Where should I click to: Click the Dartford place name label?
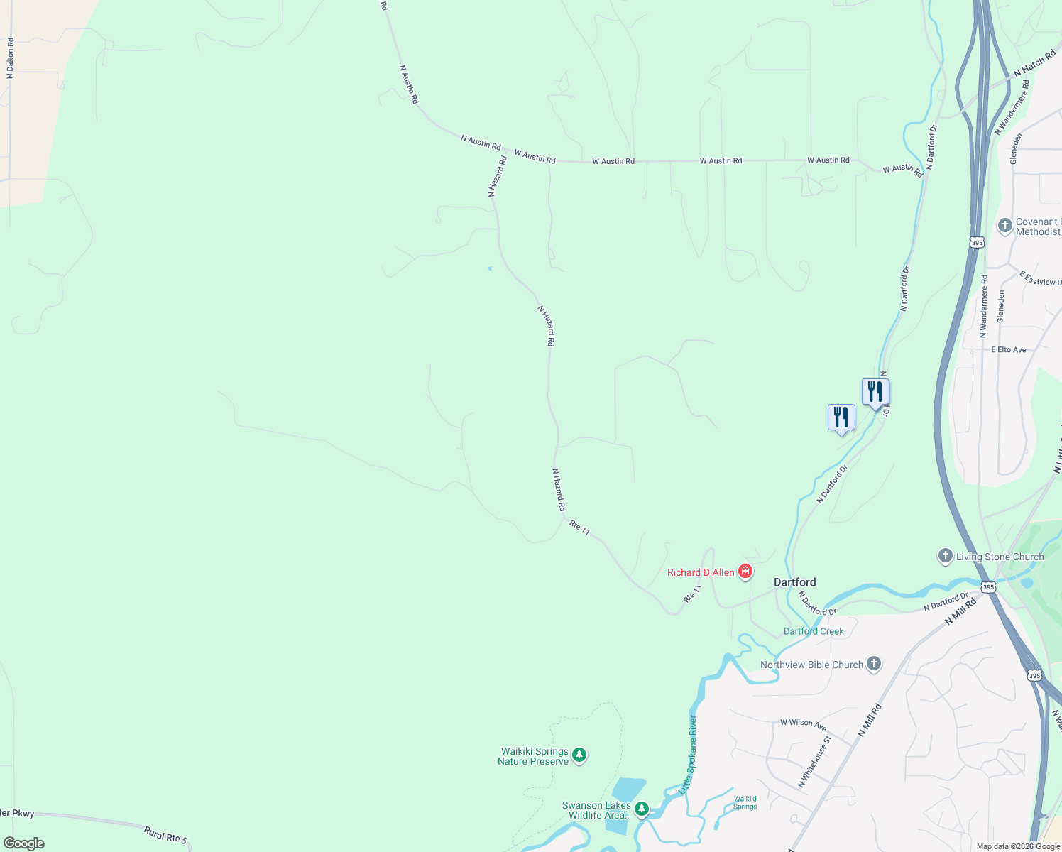[x=794, y=582]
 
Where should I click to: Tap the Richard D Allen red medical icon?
[x=745, y=572]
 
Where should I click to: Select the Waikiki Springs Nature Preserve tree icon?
[x=579, y=755]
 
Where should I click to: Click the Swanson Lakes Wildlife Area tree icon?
[x=641, y=809]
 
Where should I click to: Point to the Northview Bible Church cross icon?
[x=874, y=664]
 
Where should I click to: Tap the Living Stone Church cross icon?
[x=945, y=556]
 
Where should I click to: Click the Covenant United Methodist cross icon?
[x=1004, y=226]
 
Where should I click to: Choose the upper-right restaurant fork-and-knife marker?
[x=875, y=392]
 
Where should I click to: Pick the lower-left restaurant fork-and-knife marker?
[x=841, y=417]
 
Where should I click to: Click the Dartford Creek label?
[x=814, y=631]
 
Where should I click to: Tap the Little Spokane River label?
[x=688, y=755]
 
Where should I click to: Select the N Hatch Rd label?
[x=1034, y=63]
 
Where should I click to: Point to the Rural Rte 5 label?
[x=165, y=834]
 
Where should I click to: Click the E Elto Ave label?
[x=1008, y=350]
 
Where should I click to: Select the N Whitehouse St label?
[x=814, y=762]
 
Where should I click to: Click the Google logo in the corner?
[x=24, y=843]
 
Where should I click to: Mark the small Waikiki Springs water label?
[x=745, y=802]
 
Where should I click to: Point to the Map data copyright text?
[x=1018, y=846]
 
